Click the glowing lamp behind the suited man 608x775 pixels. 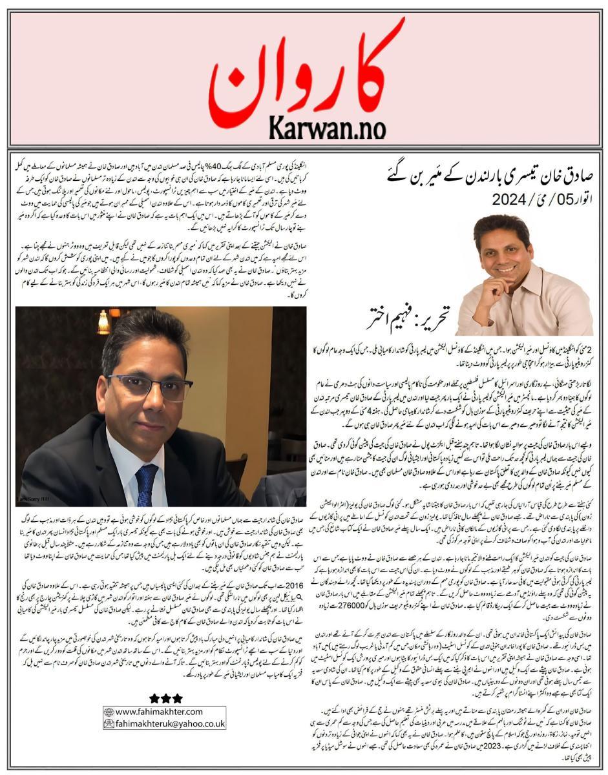[x=103, y=323]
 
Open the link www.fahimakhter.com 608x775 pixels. [x=159, y=712]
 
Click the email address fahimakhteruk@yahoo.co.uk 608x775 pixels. [x=169, y=724]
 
